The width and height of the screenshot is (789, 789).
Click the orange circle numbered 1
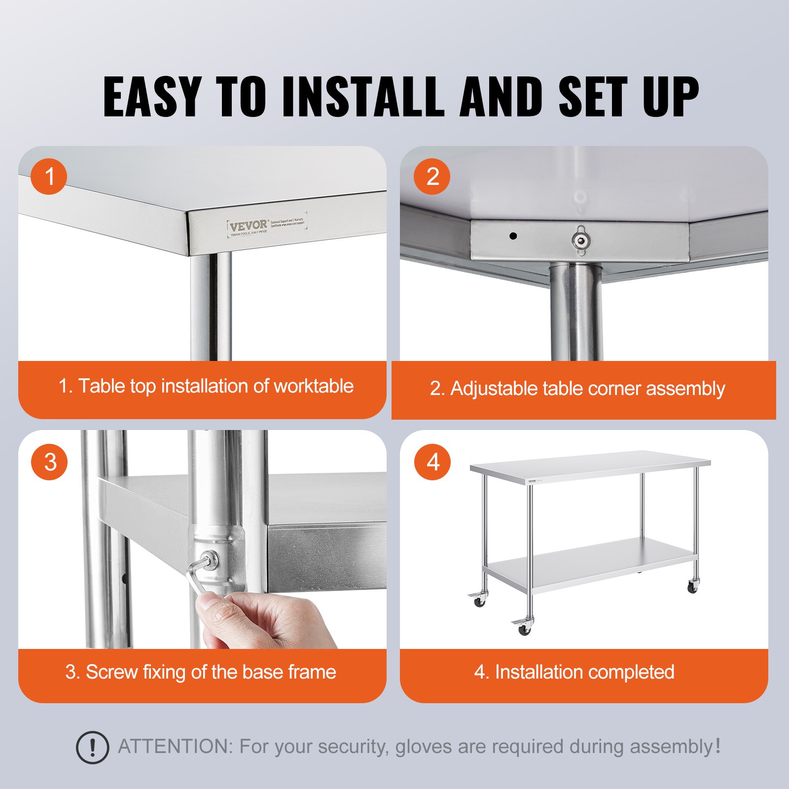coord(49,177)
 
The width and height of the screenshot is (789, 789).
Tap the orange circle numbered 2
coord(432,177)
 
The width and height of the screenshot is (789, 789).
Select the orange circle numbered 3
coord(49,462)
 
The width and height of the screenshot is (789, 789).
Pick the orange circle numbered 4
coord(432,462)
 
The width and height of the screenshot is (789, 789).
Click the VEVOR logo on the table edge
coord(248,226)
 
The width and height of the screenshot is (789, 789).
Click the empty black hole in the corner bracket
coord(513,236)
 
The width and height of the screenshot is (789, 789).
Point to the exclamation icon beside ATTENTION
coord(92,748)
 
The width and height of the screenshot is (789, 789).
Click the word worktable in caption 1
coord(314,386)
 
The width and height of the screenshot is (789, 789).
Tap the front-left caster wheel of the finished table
coord(524,629)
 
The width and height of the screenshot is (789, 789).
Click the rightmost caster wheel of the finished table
coord(692,587)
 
